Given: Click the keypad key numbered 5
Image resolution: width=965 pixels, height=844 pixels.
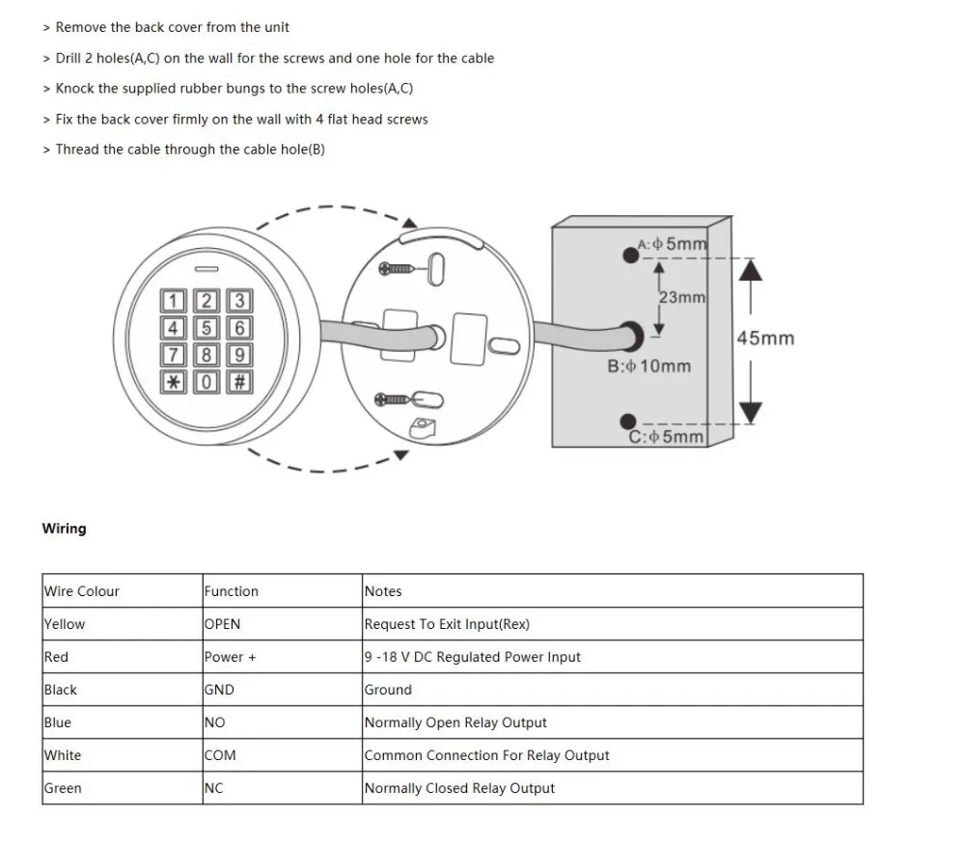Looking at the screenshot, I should click(205, 327).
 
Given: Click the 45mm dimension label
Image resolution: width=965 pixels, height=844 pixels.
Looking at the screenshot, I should click(765, 339).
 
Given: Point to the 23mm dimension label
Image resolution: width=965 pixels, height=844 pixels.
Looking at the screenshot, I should click(681, 297).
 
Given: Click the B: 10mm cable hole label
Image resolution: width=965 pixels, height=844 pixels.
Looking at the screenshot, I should click(648, 367).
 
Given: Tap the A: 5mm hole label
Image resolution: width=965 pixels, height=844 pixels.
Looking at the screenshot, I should click(673, 244).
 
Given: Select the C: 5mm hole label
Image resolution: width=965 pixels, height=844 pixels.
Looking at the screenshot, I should click(667, 436).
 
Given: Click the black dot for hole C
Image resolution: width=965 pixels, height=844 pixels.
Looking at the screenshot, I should click(628, 421).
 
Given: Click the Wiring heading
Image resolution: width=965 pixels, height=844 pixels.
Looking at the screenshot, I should click(64, 529).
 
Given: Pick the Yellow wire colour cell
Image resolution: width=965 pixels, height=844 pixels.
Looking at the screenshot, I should click(65, 624).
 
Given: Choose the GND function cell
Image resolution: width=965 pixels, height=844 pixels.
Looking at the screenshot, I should click(219, 690).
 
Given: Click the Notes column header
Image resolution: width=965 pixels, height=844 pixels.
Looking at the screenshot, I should click(383, 591).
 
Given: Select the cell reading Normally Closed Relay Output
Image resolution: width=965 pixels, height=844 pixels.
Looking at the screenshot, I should click(459, 788).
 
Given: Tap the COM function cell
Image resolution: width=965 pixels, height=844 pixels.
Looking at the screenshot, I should click(220, 755).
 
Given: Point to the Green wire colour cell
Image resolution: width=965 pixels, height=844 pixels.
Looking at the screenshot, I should click(63, 788).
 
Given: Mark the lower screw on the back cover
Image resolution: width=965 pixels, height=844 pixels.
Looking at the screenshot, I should click(396, 397).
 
